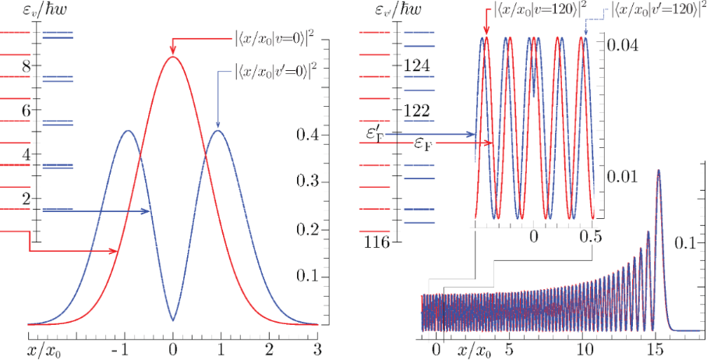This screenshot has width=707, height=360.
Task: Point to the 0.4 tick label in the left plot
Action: [307, 135]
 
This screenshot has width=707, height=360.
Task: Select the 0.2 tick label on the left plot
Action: [307, 230]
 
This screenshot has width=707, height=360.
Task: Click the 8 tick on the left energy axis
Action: [27, 66]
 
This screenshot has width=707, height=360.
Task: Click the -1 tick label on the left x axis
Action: [121, 348]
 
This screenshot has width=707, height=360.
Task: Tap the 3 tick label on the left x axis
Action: [316, 348]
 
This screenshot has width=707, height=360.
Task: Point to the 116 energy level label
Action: [377, 242]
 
